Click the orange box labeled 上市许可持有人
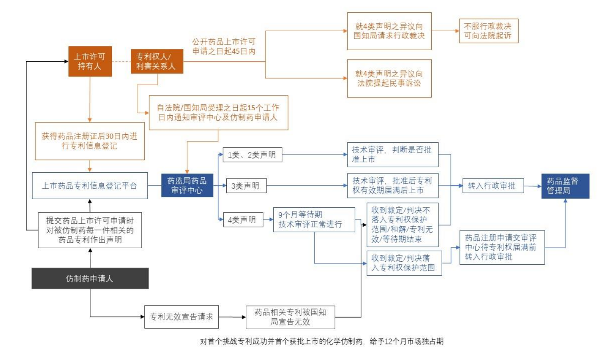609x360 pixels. coord(90,61)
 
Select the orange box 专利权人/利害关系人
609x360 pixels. coord(157,62)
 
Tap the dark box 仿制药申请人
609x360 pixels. coord(90,279)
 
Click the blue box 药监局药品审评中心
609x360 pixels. coord(187,185)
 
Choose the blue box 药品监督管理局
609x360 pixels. coord(565,186)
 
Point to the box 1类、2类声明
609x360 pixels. coord(252,155)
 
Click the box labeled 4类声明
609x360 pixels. coord(242,220)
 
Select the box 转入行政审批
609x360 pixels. coord(493,186)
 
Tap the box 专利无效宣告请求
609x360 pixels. coord(182,317)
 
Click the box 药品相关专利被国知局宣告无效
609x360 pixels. coord(290,317)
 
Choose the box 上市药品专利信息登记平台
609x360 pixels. coord(90,186)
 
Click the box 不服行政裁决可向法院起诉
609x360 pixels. coord(488,31)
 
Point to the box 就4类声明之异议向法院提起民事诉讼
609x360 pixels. coord(389,78)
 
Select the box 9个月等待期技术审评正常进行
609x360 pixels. coord(314,219)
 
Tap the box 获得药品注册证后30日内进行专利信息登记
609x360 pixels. coord(90,141)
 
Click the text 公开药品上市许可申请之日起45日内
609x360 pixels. coord(224,46)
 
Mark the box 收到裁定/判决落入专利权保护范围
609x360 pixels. coord(404,263)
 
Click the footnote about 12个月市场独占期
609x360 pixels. coord(322,341)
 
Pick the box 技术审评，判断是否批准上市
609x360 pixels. coord(392,154)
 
